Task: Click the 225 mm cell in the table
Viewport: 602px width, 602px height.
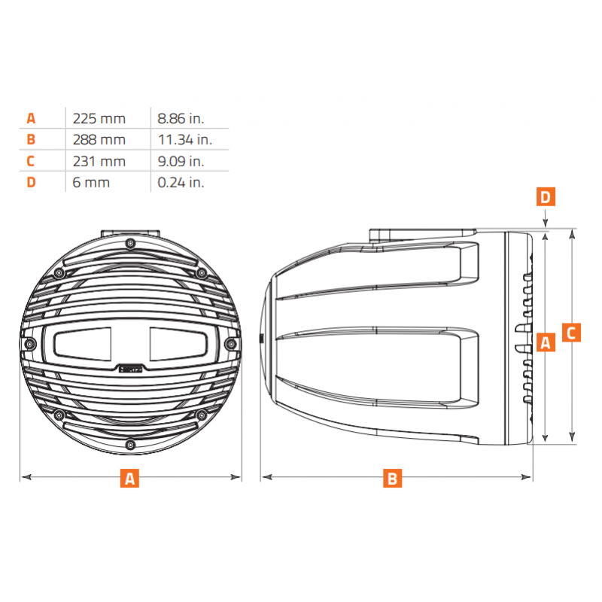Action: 99,119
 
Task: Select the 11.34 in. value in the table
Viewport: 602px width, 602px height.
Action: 184,140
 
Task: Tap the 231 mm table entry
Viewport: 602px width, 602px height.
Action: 99,161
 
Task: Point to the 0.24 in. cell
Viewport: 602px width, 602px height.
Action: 181,182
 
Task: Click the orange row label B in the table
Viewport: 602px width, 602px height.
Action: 31,139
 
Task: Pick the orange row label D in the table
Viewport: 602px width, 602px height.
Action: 31,182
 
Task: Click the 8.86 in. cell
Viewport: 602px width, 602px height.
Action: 181,119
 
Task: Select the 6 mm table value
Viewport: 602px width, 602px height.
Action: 91,182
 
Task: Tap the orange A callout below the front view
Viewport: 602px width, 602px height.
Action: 129,478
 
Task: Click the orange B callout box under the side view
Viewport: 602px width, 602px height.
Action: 392,478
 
